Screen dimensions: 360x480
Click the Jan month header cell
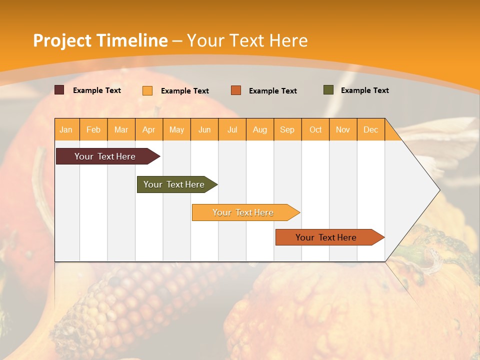coord(66,129)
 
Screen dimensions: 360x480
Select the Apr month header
coord(149,129)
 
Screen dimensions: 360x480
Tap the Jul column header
coord(232,129)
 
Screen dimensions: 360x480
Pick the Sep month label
coord(287,129)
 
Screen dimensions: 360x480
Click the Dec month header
coord(370,129)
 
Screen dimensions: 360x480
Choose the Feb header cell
coord(93,129)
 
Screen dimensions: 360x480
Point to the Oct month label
coord(315,129)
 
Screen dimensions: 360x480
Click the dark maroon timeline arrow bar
coord(105,156)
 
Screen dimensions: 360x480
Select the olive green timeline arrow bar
coord(174,184)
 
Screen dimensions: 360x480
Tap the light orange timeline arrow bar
coord(243,212)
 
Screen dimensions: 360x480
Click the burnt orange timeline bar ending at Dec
coord(326,237)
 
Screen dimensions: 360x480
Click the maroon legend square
coord(59,90)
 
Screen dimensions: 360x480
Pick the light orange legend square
coord(147,90)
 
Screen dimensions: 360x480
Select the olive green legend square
coord(328,90)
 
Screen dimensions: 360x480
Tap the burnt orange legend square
coord(236,90)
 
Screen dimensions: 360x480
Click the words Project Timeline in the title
coord(100,40)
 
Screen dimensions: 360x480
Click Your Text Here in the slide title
coord(247,40)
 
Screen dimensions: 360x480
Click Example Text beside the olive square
coord(364,90)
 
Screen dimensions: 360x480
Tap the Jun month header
coord(204,129)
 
